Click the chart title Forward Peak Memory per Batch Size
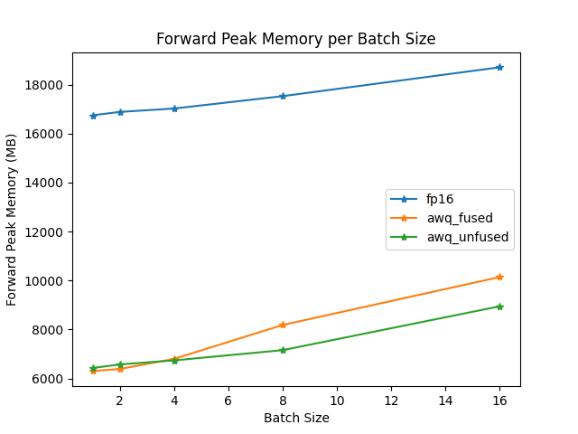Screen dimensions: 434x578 296,39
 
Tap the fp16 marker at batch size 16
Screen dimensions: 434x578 499,67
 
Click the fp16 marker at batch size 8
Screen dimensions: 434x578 283,96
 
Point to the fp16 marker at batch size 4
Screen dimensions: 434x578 174,108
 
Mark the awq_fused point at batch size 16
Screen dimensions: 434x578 499,277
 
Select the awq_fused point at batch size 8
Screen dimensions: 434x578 283,325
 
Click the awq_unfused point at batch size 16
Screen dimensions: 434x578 499,307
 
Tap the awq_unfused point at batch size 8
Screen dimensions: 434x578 283,350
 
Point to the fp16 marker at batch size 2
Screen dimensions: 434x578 120,112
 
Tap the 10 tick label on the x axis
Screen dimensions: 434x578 337,400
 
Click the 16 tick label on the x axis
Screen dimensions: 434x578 499,400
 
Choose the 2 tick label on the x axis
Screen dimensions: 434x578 120,400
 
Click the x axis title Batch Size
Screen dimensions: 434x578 296,418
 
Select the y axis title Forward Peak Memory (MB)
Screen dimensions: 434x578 13,219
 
